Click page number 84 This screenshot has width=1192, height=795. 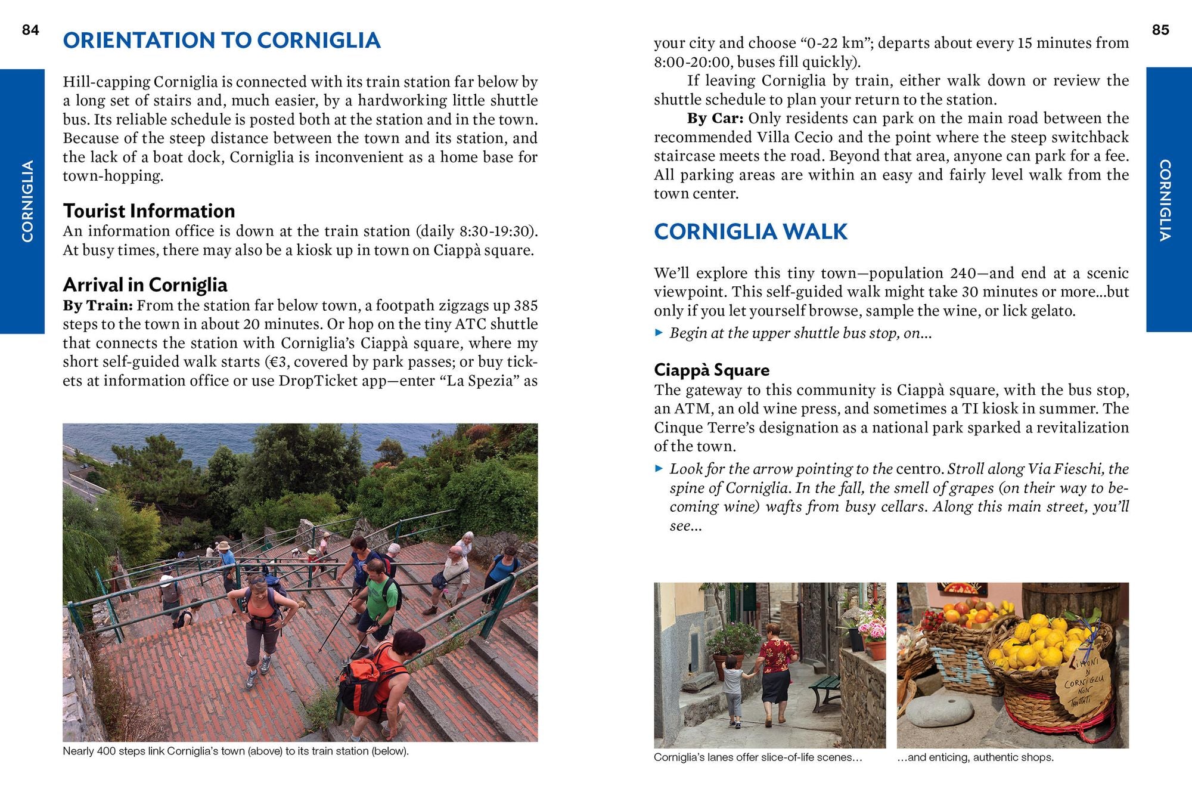click(x=30, y=30)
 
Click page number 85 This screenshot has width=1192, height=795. click(x=1160, y=30)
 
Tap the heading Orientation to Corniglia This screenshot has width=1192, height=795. click(x=222, y=40)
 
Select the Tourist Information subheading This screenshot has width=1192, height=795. click(x=149, y=211)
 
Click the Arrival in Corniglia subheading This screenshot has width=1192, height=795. click(x=145, y=284)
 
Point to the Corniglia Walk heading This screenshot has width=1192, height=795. click(x=750, y=231)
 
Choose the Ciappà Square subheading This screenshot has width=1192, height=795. click(x=711, y=370)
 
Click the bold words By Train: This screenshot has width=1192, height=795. click(x=98, y=305)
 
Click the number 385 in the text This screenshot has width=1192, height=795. click(x=525, y=305)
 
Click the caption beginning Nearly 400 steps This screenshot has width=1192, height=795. click(x=235, y=751)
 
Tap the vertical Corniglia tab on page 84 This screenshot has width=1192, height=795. click(x=27, y=201)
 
